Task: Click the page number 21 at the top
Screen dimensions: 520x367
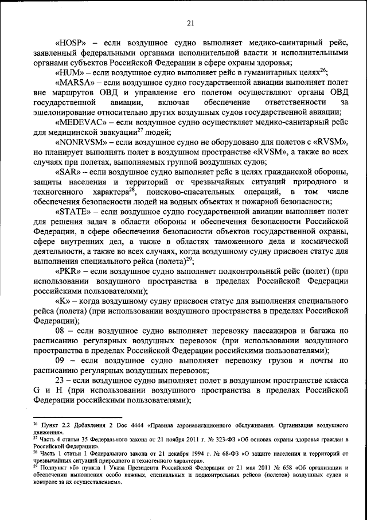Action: [189, 23]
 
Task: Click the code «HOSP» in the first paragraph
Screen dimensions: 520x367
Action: [71, 43]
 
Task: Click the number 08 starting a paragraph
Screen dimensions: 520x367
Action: [62, 331]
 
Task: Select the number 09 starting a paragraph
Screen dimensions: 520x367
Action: [62, 361]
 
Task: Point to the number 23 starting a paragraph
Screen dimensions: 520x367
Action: [62, 381]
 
